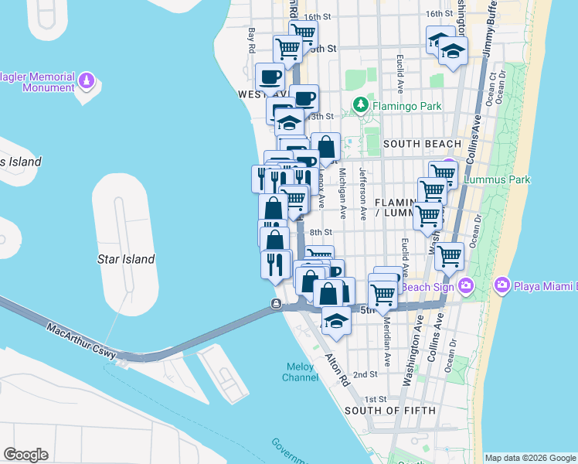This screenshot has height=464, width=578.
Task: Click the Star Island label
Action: pyautogui.click(x=126, y=259)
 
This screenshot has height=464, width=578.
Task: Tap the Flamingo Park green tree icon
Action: pyautogui.click(x=359, y=104)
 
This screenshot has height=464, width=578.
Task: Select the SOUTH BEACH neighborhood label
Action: pyautogui.click(x=421, y=144)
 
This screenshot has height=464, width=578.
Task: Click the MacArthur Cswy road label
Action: pyautogui.click(x=80, y=341)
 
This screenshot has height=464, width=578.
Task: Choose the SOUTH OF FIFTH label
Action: pyautogui.click(x=389, y=410)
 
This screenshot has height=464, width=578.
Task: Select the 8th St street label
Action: pyautogui.click(x=320, y=232)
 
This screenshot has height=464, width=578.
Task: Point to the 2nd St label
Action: pyautogui.click(x=365, y=374)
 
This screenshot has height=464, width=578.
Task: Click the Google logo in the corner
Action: pyautogui.click(x=25, y=455)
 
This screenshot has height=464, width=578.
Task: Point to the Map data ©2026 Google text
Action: pyautogui.click(x=530, y=458)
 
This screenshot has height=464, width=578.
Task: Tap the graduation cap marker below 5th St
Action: pyautogui.click(x=335, y=321)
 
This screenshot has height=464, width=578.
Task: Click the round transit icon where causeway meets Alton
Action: pyautogui.click(x=276, y=304)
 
